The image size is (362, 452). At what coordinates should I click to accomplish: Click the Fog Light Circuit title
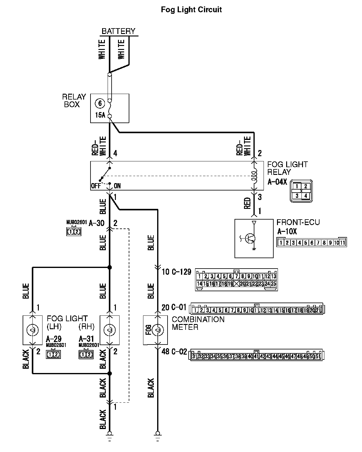point(191,9)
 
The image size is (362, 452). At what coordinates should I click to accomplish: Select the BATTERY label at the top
point(118,31)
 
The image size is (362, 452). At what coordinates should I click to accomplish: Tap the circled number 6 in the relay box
point(100,104)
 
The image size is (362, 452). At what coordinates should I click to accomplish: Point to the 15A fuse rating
point(100,115)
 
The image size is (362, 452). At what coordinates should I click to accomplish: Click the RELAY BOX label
point(74,101)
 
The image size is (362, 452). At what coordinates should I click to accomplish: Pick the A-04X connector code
point(277,182)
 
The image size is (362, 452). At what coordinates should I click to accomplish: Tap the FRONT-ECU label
point(298,222)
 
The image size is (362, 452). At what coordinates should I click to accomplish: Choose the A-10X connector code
point(287,231)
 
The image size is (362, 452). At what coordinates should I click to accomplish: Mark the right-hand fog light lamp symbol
point(109,330)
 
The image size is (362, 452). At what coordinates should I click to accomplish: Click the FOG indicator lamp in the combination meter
point(157,330)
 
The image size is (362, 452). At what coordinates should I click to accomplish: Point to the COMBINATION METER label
point(198,323)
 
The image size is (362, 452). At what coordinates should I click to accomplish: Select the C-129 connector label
point(181,272)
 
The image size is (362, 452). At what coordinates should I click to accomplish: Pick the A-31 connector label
point(87,339)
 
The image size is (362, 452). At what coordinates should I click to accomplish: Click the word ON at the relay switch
point(117,186)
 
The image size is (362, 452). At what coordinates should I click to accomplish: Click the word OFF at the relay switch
point(96,186)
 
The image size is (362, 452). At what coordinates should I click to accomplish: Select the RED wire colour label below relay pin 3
point(248,203)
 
